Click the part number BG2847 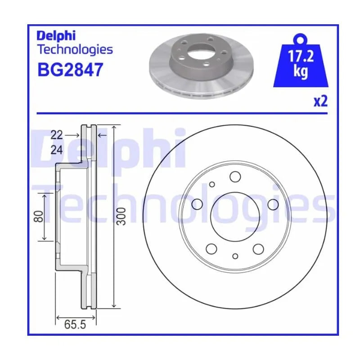pyautogui.click(x=70, y=70)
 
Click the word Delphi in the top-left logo pyautogui.click(x=56, y=36)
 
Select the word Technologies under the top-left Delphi pyautogui.click(x=75, y=50)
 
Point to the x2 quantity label pyautogui.click(x=320, y=101)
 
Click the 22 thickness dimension pyautogui.click(x=57, y=135)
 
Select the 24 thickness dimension pyautogui.click(x=57, y=150)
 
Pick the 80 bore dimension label pyautogui.click(x=39, y=216)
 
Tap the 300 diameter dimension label pyautogui.click(x=121, y=216)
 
